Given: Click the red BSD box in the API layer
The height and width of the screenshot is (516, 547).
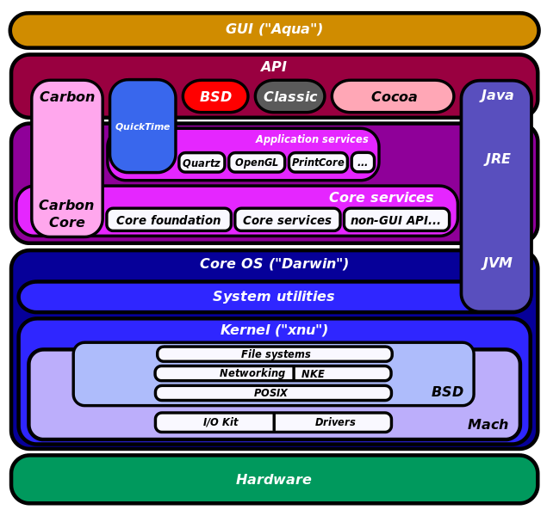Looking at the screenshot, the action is click(x=215, y=96).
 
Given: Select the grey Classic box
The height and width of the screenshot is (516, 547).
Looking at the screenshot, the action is click(x=290, y=96).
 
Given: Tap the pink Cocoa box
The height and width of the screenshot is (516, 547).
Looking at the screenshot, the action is click(x=393, y=96).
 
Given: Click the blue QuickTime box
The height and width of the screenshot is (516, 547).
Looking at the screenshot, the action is click(x=143, y=126).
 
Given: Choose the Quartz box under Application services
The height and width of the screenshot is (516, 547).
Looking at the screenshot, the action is click(x=202, y=163).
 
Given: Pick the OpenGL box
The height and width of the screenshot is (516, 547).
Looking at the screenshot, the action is click(x=257, y=163).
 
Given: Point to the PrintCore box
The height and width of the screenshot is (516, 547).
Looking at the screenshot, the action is click(x=318, y=163).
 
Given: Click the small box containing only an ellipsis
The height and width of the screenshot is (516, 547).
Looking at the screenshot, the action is click(x=363, y=163).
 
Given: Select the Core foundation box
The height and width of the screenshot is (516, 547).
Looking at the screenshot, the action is click(x=169, y=219).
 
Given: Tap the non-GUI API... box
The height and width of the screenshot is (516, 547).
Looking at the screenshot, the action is click(x=396, y=219).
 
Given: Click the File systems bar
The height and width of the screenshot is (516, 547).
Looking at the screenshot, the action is click(x=275, y=354).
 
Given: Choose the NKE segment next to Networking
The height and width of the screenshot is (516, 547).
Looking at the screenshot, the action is click(x=343, y=373).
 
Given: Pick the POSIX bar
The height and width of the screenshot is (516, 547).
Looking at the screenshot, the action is click(x=274, y=393).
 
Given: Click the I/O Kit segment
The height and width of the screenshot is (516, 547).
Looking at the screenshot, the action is click(x=214, y=422).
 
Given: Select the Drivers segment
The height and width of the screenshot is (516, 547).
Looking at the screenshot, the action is click(x=333, y=422).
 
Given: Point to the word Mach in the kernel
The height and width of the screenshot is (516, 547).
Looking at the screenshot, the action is click(x=488, y=425).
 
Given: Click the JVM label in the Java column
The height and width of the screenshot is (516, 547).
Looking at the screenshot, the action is click(x=497, y=262).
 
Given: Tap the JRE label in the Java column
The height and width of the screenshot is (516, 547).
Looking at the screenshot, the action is click(x=497, y=158).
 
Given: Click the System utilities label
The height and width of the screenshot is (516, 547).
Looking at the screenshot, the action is click(x=274, y=297).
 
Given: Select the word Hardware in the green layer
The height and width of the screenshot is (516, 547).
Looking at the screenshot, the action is click(x=274, y=479).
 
